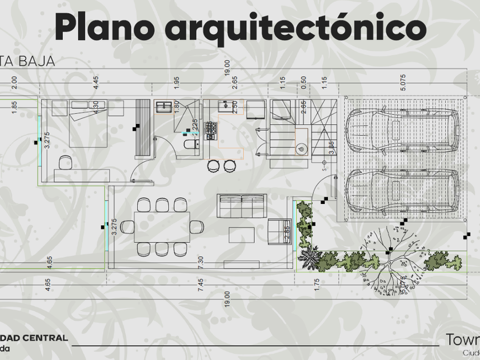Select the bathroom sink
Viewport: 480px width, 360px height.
164,107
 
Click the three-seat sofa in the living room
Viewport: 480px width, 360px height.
242,206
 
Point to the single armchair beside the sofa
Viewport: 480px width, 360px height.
279,231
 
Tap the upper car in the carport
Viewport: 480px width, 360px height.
402,130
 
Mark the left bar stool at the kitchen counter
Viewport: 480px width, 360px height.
213,166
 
